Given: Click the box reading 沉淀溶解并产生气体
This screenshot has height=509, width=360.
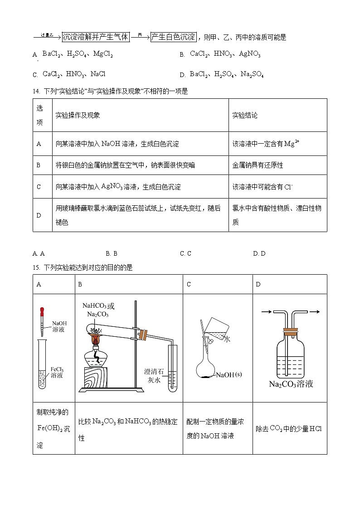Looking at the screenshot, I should coord(95,37).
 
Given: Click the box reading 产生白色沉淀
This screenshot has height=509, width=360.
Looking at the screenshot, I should coord(173,37).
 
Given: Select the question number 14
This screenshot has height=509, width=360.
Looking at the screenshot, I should coord(36,91).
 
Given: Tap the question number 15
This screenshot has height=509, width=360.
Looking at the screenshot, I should coord(36,268).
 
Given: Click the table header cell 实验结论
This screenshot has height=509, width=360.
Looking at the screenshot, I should coord(245,115).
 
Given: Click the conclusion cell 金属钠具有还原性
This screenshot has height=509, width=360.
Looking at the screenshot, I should coord(258,165).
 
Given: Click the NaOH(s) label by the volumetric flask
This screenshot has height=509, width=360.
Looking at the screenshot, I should coord(229,375).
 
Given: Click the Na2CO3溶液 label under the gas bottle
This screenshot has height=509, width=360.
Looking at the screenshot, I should coord(291,384).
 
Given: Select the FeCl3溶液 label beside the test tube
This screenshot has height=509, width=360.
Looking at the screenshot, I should coord(57,372).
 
